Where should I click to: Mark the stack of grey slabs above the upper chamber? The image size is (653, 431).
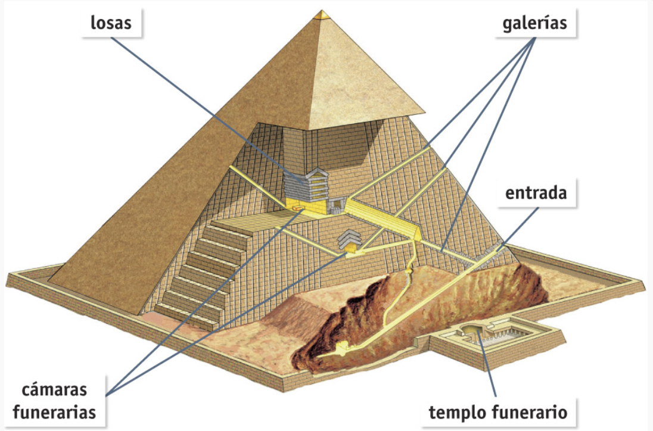309,186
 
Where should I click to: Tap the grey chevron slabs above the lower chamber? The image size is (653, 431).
349,238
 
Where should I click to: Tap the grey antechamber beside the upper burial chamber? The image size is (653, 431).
337,205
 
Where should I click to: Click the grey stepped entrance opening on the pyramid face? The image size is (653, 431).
492,252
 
